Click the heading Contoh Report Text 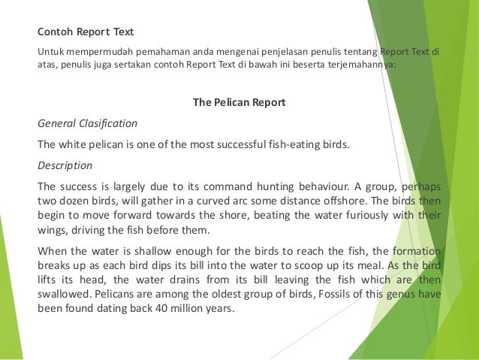click(86, 32)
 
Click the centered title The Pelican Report click(239, 102)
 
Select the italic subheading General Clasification click(88, 123)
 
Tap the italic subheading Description click(65, 165)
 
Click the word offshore click(346, 200)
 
